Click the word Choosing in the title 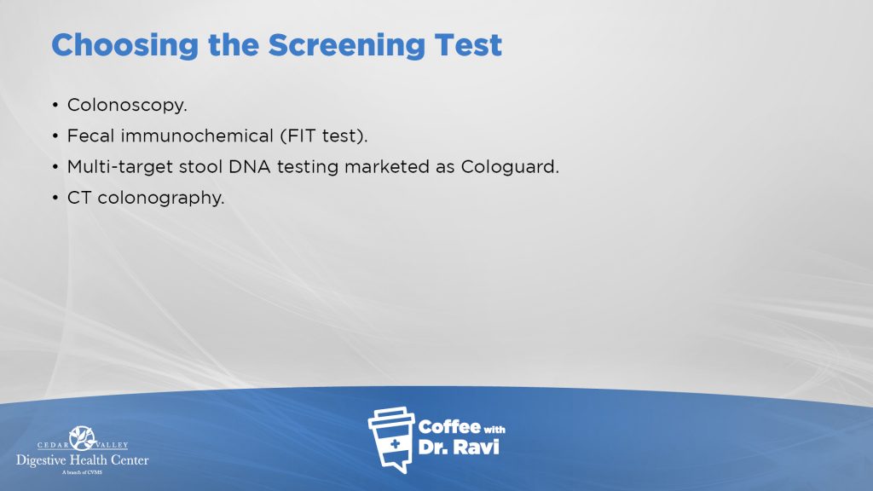pyautogui.click(x=124, y=46)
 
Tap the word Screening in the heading pyautogui.click(x=347, y=46)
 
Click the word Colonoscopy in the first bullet pyautogui.click(x=127, y=105)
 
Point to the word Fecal pyautogui.click(x=91, y=136)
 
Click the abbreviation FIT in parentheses pyautogui.click(x=298, y=136)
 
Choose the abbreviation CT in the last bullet pyautogui.click(x=79, y=198)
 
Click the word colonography pyautogui.click(x=161, y=198)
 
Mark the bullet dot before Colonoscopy pyautogui.click(x=55, y=105)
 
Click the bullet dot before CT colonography pyautogui.click(x=55, y=198)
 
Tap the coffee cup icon pyautogui.click(x=392, y=439)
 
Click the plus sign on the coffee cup pyautogui.click(x=395, y=443)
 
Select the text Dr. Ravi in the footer pyautogui.click(x=458, y=447)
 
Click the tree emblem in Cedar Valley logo pyautogui.click(x=83, y=438)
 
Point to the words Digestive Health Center pyautogui.click(x=83, y=460)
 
